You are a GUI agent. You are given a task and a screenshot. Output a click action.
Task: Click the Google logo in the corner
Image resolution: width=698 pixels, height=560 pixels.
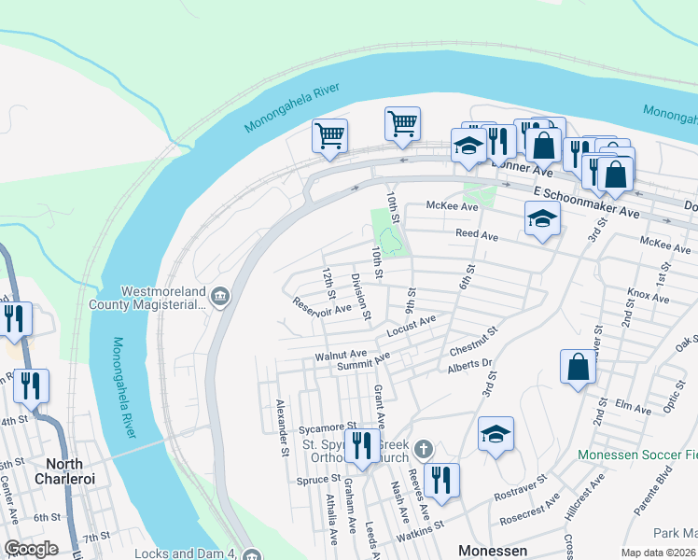point(31,549)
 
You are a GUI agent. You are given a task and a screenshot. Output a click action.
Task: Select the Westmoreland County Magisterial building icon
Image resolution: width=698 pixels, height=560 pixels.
point(219,297)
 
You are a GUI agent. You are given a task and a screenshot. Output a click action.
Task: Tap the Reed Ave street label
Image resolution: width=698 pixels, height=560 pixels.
point(476,234)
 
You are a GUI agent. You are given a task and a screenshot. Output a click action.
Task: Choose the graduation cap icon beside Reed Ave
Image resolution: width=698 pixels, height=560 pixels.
point(542,219)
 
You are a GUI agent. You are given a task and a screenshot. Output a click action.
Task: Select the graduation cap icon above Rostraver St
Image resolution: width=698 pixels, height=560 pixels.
point(496,433)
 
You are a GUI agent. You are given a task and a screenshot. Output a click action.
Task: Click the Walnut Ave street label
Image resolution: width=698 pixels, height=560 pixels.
point(341,356)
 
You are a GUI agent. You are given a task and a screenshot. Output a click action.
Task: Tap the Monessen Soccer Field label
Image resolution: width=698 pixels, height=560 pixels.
point(636,455)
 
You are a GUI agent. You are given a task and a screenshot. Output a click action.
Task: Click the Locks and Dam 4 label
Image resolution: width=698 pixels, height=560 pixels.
point(185,553)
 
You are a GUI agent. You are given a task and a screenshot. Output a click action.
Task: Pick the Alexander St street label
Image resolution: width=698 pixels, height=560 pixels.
point(280,428)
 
